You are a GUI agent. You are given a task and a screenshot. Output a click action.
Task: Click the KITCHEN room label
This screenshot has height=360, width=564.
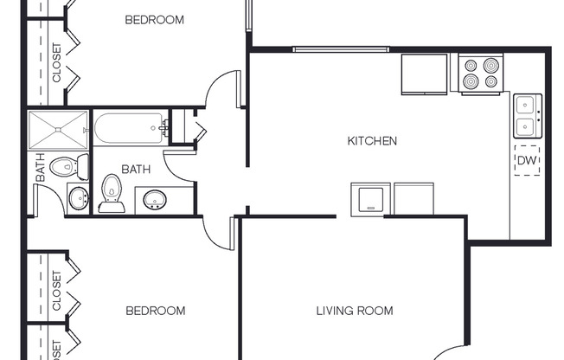pyautogui.click(x=372, y=140)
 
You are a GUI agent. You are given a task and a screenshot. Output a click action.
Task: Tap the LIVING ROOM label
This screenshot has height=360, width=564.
pyautogui.click(x=354, y=311)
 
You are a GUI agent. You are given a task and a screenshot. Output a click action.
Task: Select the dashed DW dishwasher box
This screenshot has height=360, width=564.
pyautogui.click(x=527, y=161)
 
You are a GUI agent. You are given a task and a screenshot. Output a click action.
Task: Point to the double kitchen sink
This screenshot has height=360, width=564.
pyautogui.click(x=527, y=116)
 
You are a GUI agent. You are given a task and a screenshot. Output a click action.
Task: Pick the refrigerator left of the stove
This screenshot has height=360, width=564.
pyautogui.click(x=424, y=74)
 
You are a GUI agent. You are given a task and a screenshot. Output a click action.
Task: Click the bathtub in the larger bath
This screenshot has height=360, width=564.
pyautogui.click(x=131, y=130)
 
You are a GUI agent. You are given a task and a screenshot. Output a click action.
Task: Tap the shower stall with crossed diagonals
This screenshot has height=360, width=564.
pyautogui.click(x=58, y=131)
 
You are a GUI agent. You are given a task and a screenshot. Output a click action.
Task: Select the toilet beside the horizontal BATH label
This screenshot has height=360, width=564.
pyautogui.click(x=112, y=194)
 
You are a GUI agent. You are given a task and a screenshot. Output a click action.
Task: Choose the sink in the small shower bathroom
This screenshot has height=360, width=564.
pyautogui.click(x=78, y=198)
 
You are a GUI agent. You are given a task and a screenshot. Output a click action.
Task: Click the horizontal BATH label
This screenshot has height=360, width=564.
pyautogui.click(x=136, y=170)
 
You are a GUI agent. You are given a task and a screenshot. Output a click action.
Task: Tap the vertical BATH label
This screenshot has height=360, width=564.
pyautogui.click(x=40, y=168)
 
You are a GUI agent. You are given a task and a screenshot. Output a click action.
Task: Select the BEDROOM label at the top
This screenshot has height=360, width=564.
pyautogui.click(x=154, y=19)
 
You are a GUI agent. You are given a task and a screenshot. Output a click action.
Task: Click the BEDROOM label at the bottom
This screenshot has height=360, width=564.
pyautogui.click(x=155, y=311)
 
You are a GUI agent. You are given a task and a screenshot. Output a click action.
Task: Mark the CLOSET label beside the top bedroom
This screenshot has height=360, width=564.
pyautogui.click(x=56, y=62)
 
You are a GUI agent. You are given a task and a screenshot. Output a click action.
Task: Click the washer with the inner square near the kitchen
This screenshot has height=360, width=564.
pyautogui.click(x=370, y=198)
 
